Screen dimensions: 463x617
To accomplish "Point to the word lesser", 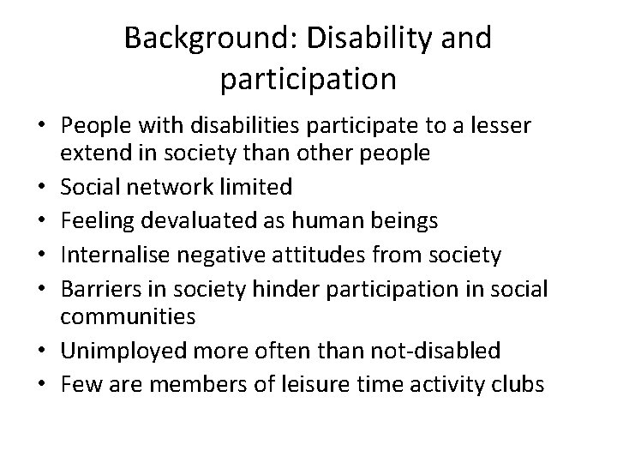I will coord(504,127).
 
